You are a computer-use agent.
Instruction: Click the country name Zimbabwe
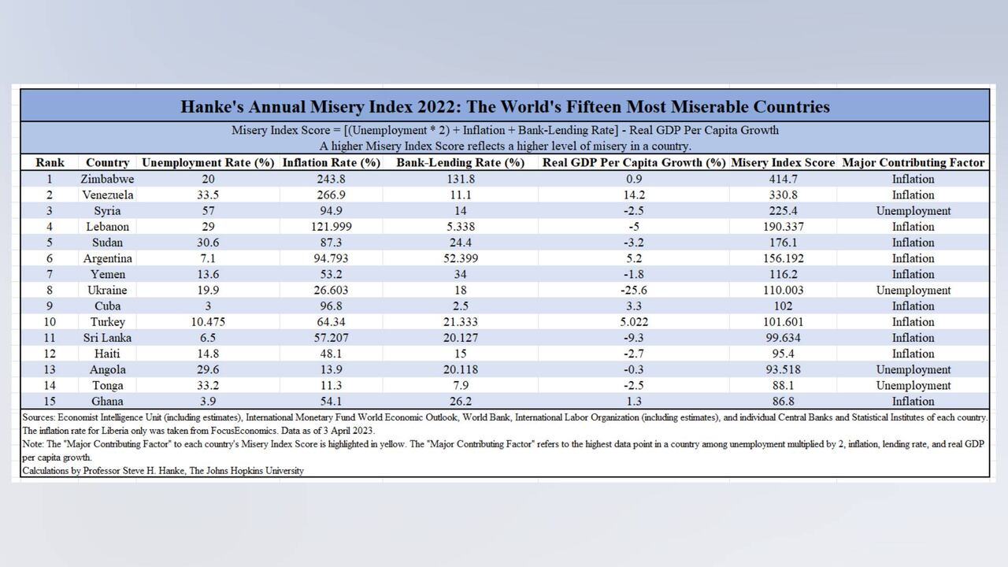pos(107,179)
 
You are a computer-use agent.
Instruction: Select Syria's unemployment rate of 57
pos(208,210)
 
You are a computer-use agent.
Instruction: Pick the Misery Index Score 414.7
pos(783,179)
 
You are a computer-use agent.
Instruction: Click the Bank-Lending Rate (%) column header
pos(460,163)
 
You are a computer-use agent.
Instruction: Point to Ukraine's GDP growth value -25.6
pos(633,290)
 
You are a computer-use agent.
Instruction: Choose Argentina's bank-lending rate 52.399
pos(460,258)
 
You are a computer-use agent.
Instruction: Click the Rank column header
pos(50,163)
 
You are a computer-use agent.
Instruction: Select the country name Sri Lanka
pos(107,338)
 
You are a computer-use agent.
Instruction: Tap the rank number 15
pos(50,401)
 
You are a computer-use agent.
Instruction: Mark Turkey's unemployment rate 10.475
pos(208,322)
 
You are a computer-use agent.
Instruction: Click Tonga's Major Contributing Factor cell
pos(913,385)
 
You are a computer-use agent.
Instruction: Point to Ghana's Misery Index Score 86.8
pos(783,401)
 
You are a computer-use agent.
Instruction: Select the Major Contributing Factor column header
pos(913,163)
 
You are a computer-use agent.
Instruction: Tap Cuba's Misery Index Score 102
pos(783,306)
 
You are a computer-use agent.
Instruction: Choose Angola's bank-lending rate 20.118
pos(460,369)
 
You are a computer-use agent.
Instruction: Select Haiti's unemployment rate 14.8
pos(208,354)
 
